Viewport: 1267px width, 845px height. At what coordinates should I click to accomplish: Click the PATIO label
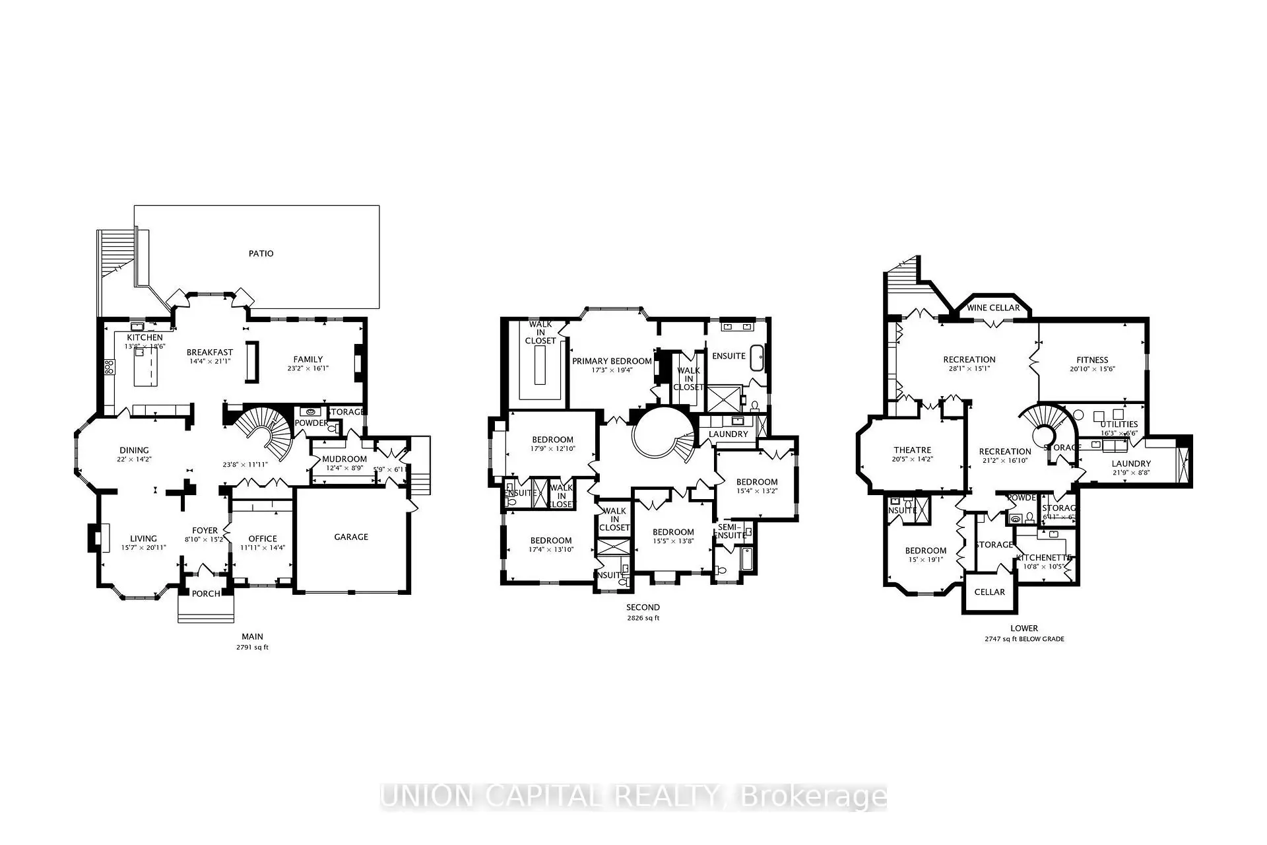click(x=261, y=253)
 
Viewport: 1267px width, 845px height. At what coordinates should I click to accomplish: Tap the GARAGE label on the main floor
click(x=351, y=537)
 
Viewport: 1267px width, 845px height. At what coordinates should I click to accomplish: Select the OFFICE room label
click(x=263, y=539)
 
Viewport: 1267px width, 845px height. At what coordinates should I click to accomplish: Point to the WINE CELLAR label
click(x=993, y=308)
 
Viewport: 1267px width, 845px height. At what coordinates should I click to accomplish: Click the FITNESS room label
click(x=1092, y=360)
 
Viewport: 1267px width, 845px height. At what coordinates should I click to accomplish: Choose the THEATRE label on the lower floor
click(x=913, y=450)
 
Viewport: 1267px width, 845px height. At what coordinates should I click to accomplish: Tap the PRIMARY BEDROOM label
click(x=612, y=361)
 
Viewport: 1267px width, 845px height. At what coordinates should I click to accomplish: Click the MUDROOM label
click(x=344, y=459)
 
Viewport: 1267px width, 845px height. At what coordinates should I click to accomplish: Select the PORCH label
click(x=206, y=593)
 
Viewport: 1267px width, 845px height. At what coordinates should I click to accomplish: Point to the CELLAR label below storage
click(x=990, y=591)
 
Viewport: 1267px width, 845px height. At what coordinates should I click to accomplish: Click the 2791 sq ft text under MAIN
click(x=252, y=648)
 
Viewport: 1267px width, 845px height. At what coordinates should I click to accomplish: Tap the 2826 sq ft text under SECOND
click(x=643, y=619)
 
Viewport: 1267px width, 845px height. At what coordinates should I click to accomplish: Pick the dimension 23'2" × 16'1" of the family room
click(x=308, y=368)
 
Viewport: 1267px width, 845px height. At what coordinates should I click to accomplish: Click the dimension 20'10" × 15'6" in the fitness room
click(x=1092, y=369)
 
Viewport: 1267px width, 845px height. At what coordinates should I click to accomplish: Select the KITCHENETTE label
click(x=1044, y=558)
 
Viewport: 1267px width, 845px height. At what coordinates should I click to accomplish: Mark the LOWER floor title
click(x=1024, y=628)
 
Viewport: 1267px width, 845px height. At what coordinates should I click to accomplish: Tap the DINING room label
click(x=134, y=450)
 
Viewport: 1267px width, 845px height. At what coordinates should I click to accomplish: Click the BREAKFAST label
click(x=210, y=353)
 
